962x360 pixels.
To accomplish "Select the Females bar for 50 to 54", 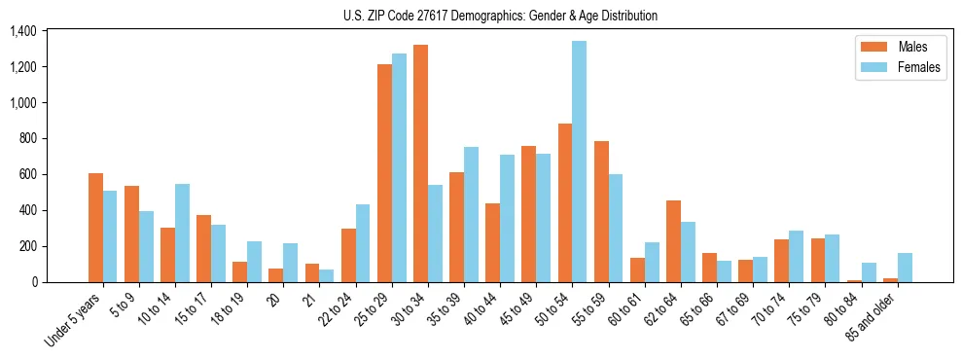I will (579, 162).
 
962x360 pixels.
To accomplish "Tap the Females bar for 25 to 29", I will (399, 167).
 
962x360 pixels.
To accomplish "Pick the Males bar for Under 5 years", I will (95, 228).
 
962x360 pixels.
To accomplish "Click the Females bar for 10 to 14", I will (182, 233).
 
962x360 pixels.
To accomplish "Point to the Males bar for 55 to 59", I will (601, 211).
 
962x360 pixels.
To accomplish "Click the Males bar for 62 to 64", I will (673, 241).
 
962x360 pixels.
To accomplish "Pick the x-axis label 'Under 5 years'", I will (73, 320).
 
